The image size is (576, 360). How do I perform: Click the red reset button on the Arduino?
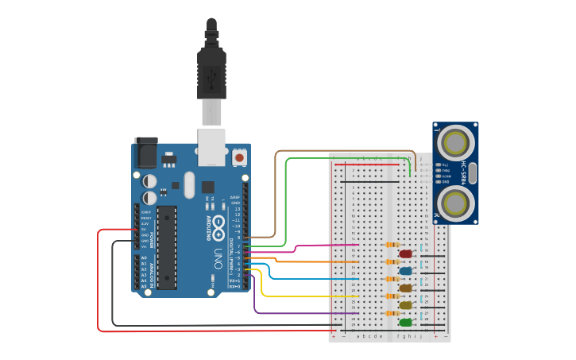pos(239,158)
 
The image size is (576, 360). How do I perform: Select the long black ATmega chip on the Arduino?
pos(167,247)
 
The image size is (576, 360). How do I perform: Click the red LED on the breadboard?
pos(406,254)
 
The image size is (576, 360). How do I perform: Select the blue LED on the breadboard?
pos(406,271)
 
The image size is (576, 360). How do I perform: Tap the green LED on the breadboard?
pos(406,323)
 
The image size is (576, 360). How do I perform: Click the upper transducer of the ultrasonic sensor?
pos(455,144)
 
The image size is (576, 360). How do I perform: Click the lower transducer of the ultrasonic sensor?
pos(455,202)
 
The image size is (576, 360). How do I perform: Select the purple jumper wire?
pos(302,313)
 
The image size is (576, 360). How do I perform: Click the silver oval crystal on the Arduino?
pos(189,185)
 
